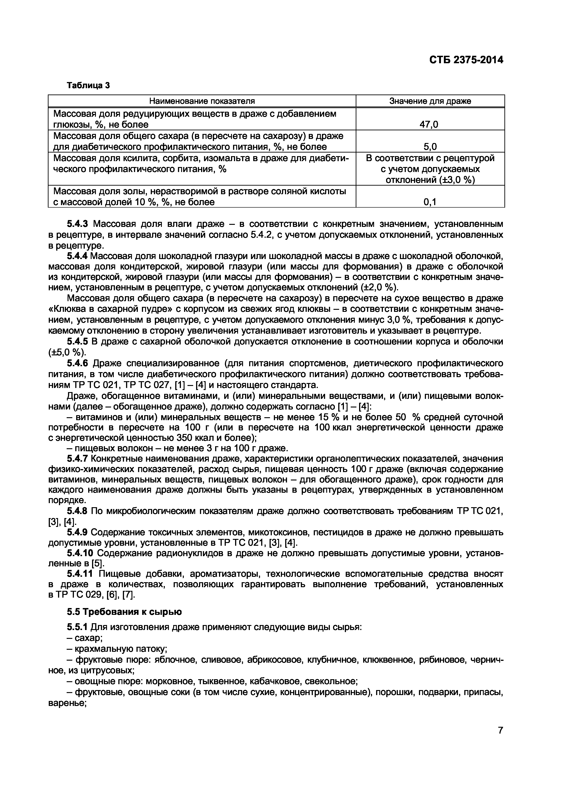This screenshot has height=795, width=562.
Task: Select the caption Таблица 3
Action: pyautogui.click(x=88, y=85)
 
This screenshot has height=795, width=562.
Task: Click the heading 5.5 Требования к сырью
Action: pyautogui.click(x=124, y=612)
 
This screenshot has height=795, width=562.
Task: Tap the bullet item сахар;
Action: pyautogui.click(x=85, y=638)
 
